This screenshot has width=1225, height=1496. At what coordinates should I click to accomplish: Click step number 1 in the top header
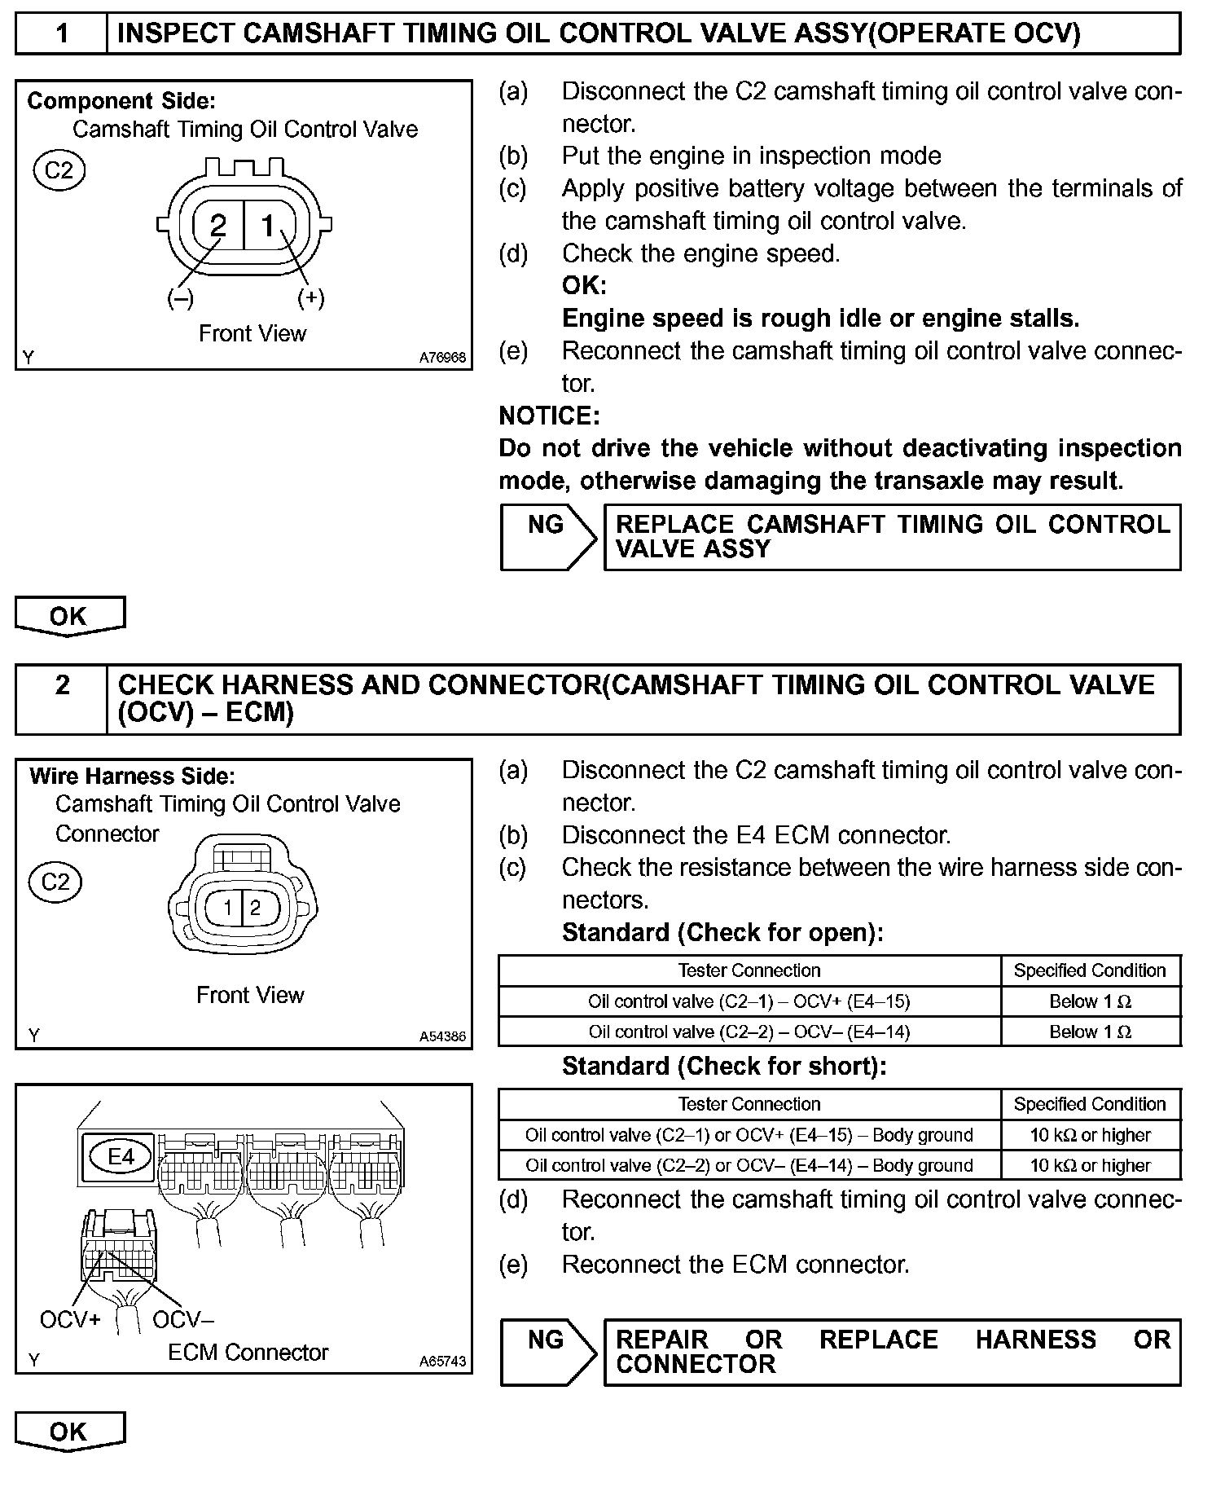(x=62, y=33)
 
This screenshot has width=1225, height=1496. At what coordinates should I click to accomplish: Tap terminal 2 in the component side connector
(x=217, y=226)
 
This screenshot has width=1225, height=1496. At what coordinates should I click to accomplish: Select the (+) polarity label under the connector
(x=311, y=298)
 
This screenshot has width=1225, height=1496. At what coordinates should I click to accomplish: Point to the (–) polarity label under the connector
(x=180, y=298)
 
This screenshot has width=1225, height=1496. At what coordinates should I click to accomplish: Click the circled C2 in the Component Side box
(x=59, y=170)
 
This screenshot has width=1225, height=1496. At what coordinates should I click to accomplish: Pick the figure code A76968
(x=442, y=358)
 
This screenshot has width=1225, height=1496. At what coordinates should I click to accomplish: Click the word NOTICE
(x=549, y=416)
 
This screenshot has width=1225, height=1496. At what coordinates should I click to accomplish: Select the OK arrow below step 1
(x=69, y=616)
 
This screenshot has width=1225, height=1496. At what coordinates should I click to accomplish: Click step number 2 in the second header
(x=62, y=685)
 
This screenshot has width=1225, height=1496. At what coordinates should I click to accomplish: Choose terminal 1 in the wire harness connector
(x=229, y=908)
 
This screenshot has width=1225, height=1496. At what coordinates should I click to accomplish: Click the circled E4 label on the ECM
(x=121, y=1156)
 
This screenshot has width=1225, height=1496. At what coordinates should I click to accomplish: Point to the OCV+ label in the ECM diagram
(x=69, y=1319)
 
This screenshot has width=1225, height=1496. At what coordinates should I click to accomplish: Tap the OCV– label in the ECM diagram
(x=182, y=1319)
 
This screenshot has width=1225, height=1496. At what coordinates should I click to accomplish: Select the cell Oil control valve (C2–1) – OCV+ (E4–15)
(x=749, y=1001)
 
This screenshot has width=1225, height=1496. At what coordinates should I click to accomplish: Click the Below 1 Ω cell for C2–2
(x=1090, y=1032)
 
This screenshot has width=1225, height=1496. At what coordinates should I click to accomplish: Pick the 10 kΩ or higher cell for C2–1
(x=1090, y=1135)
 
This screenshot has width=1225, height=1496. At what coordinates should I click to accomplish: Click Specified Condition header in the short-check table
(x=1090, y=1104)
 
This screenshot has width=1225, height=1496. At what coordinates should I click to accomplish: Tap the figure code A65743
(x=442, y=1362)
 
